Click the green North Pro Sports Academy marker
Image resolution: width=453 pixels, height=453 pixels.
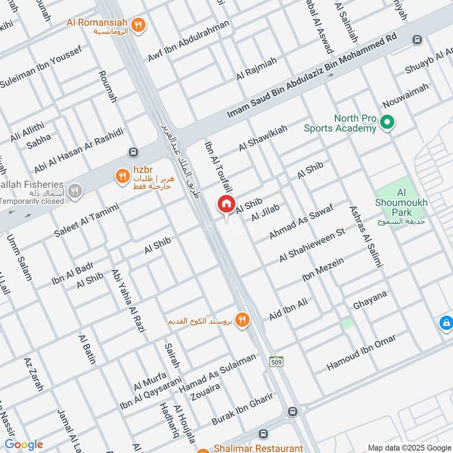pyautogui.click(x=387, y=122)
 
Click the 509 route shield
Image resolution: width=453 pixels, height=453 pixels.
pyautogui.click(x=276, y=362)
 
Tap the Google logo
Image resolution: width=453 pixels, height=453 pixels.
pyautogui.click(x=24, y=445)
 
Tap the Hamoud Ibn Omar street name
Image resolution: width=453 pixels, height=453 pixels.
pyautogui.click(x=361, y=353)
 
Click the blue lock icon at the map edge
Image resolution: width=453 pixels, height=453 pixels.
pyautogui.click(x=446, y=323)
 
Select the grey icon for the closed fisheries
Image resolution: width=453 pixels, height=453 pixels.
pyautogui.click(x=74, y=191)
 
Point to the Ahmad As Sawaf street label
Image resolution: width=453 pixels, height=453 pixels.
pyautogui.click(x=300, y=221)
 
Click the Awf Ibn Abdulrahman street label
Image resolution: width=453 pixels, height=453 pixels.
pyautogui.click(x=189, y=41)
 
